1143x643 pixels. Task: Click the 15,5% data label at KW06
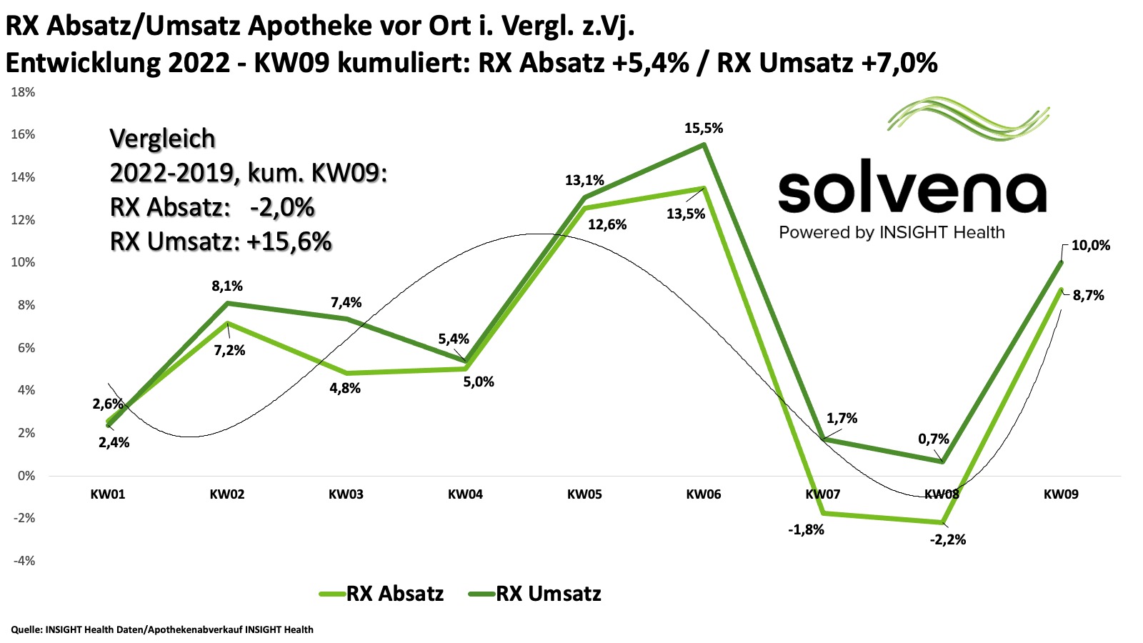click(704, 129)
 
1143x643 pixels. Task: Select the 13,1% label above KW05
click(584, 181)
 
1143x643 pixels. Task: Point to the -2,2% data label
click(947, 540)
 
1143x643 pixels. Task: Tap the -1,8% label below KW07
click(806, 530)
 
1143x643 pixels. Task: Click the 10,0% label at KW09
click(1091, 246)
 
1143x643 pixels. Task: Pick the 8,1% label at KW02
click(227, 286)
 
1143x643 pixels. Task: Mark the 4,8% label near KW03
click(345, 389)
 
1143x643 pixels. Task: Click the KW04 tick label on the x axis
click(465, 494)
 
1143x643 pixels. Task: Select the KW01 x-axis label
click(108, 494)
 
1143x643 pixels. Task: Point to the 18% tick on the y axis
click(23, 92)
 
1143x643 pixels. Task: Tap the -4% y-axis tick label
click(23, 561)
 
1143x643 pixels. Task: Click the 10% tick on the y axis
click(23, 262)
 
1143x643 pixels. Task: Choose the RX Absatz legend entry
click(381, 594)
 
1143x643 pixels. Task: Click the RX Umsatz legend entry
click(535, 594)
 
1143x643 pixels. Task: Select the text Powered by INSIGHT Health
click(892, 233)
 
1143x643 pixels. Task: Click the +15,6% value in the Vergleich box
click(289, 242)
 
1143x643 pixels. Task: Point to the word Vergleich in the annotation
click(162, 139)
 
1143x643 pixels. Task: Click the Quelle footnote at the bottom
click(162, 629)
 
